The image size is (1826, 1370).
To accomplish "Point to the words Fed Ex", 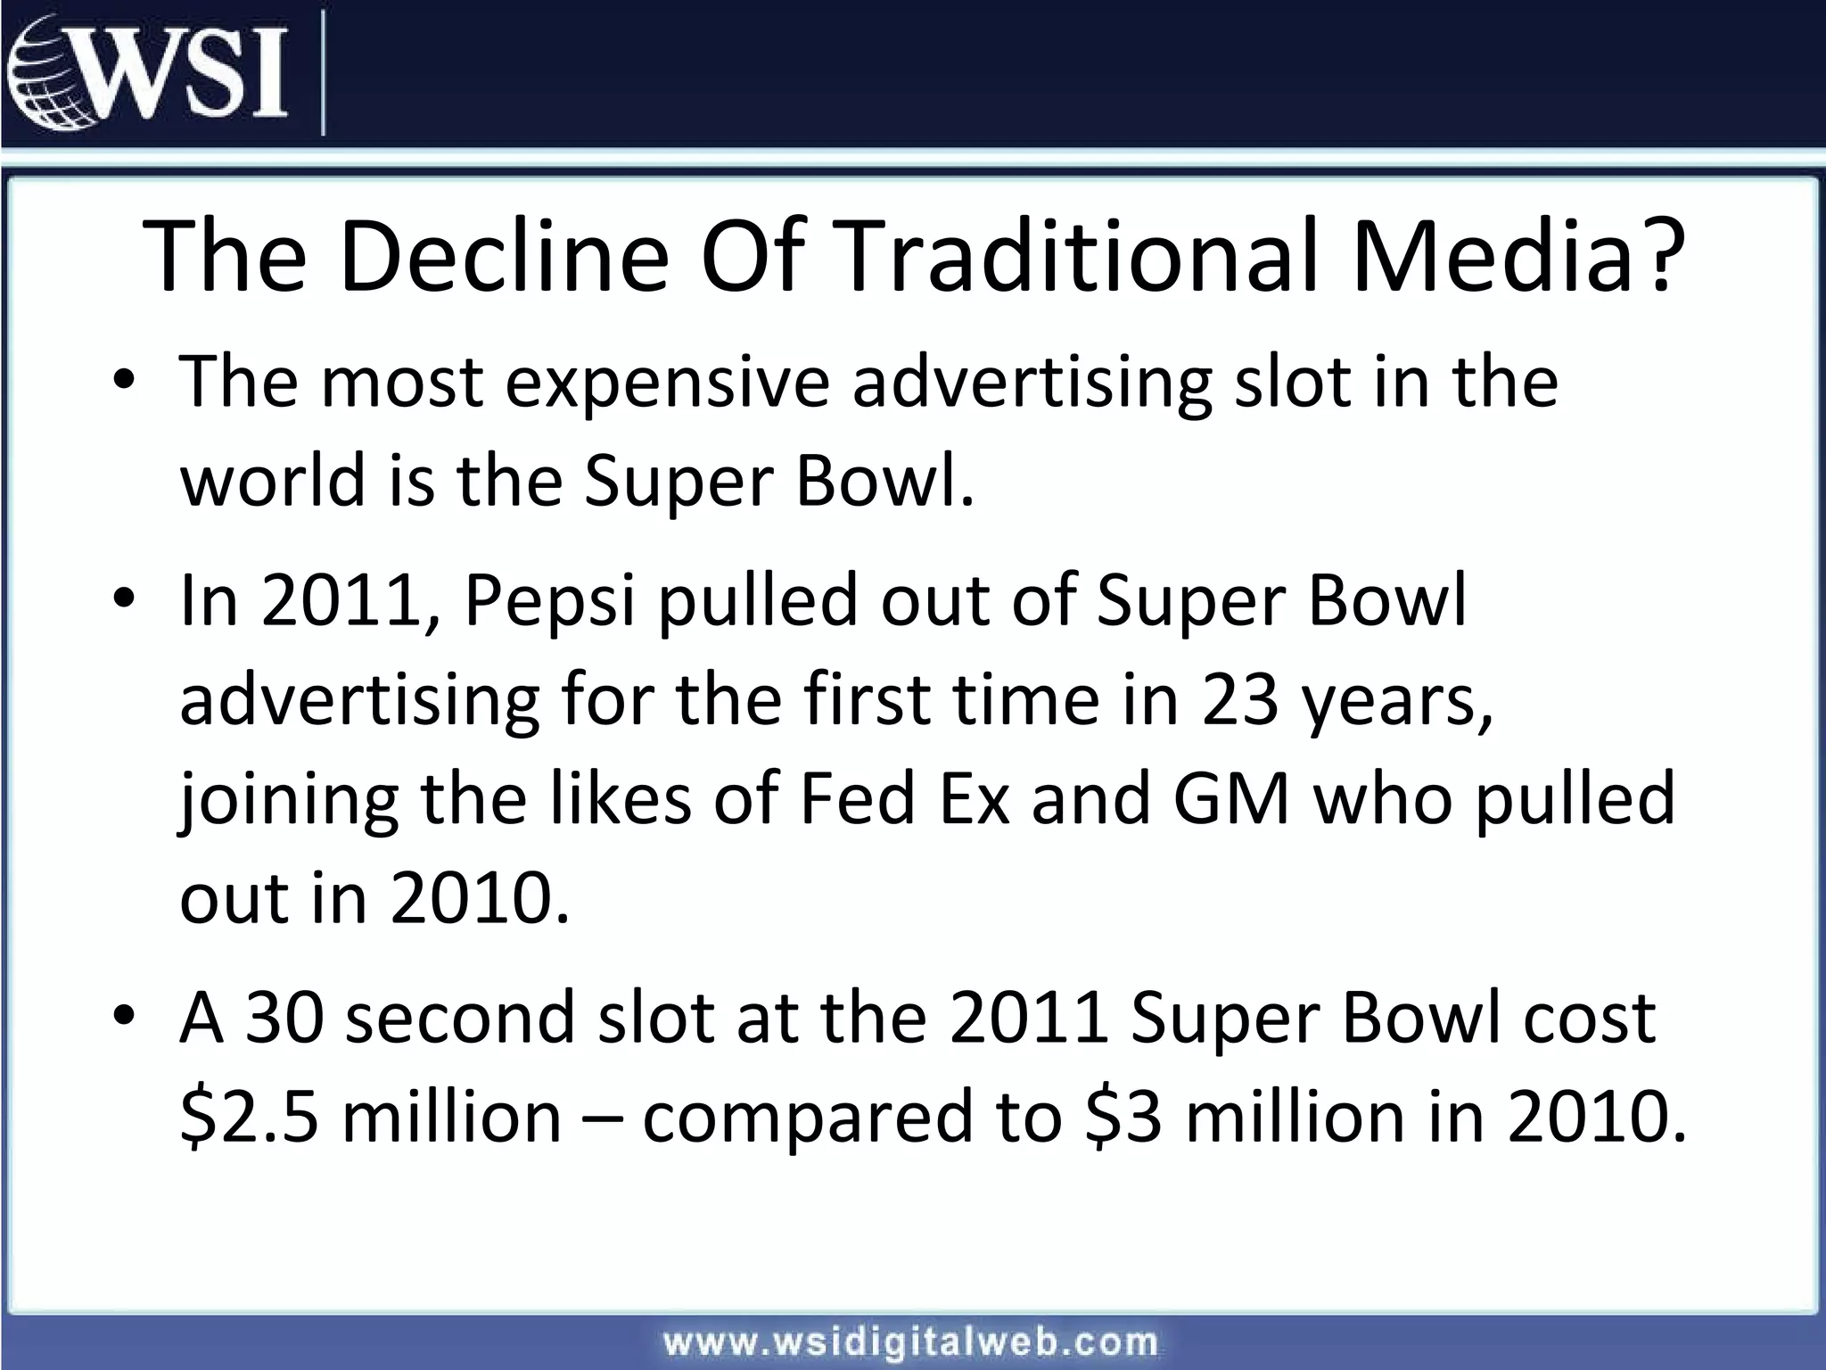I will pyautogui.click(x=905, y=798).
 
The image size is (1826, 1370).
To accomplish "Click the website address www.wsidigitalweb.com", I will pyautogui.click(x=910, y=1341).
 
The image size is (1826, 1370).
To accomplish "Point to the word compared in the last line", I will pyautogui.click(x=808, y=1119).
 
